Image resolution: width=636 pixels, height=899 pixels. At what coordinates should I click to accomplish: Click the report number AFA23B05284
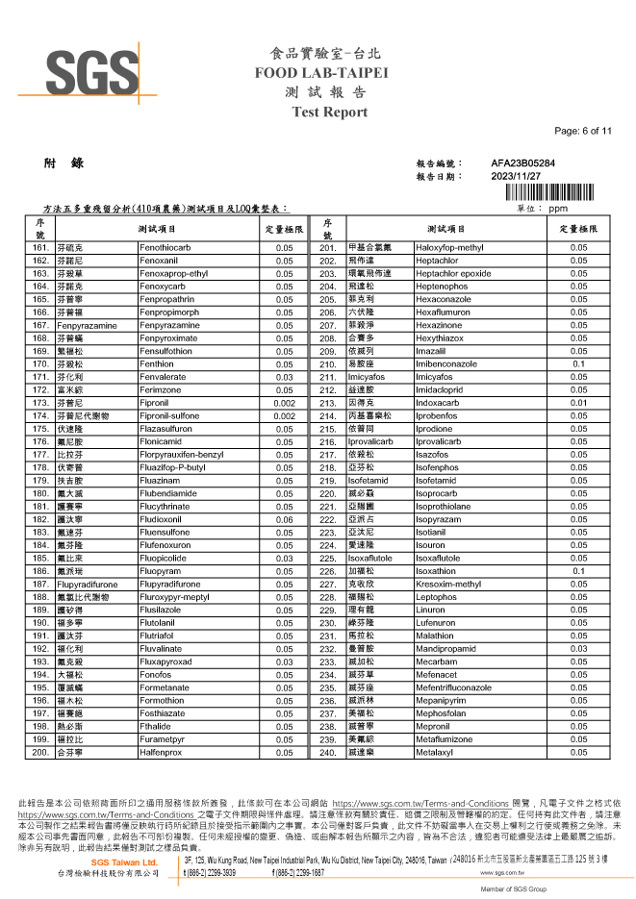[x=522, y=164]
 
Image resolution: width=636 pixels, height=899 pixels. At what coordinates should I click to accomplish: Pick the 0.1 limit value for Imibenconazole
[x=578, y=364]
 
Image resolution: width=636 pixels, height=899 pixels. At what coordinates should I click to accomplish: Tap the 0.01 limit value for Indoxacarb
[x=578, y=402]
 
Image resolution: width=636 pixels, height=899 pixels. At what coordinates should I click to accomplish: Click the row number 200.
[x=40, y=752]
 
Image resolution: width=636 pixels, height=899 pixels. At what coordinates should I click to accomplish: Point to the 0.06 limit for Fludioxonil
[x=284, y=520]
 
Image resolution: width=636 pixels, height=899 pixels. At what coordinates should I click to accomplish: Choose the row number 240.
[x=328, y=752]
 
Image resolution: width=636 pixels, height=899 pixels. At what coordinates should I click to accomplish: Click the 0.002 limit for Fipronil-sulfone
[x=284, y=415]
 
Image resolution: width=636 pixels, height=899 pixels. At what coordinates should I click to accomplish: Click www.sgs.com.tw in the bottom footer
[x=508, y=873]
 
